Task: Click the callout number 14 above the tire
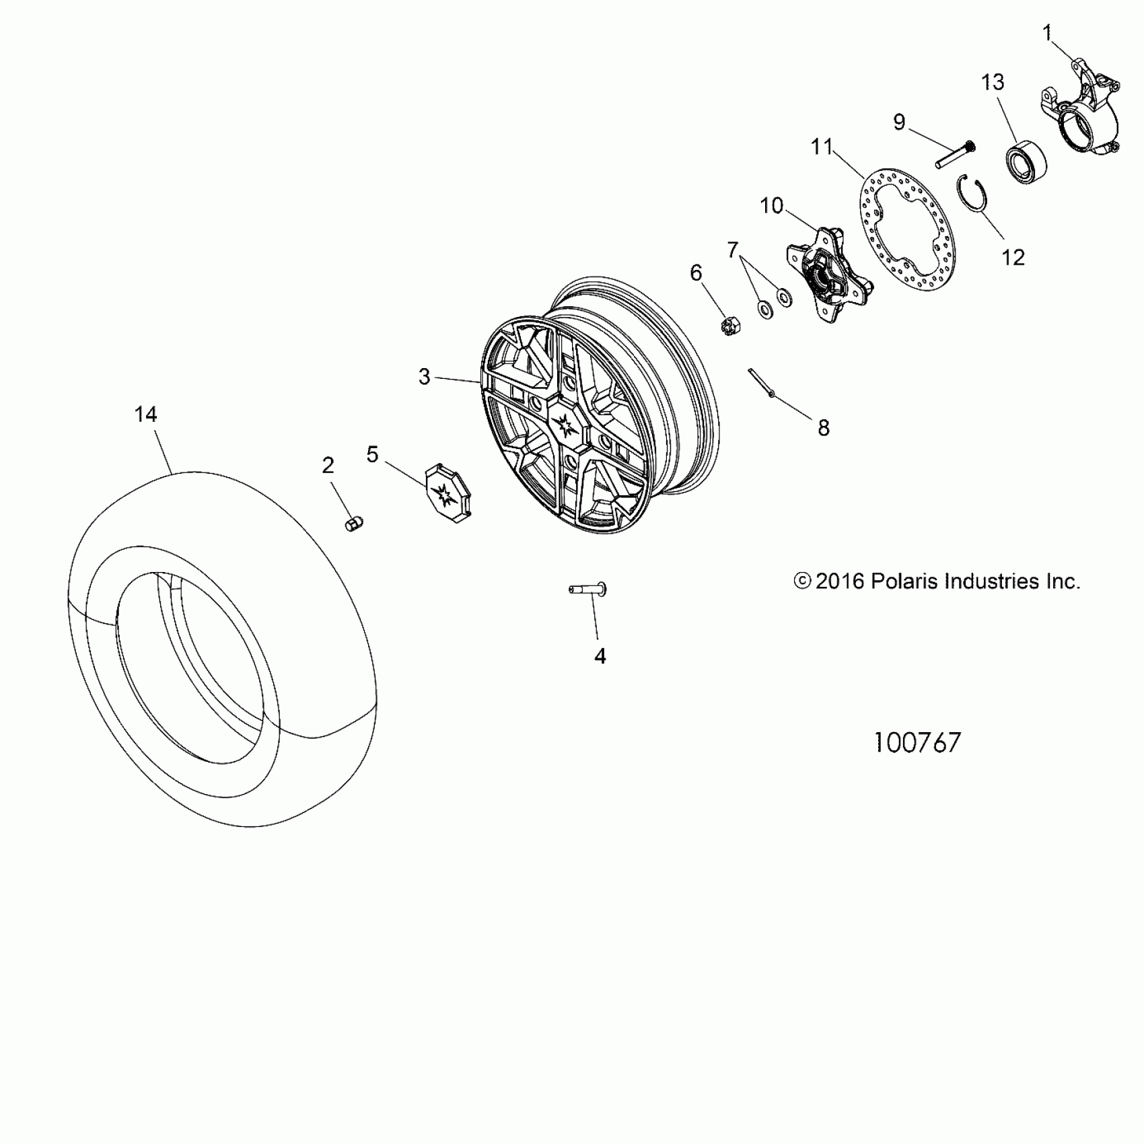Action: pos(146,415)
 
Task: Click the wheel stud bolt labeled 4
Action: pos(588,589)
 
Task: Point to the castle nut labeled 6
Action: pos(729,326)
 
